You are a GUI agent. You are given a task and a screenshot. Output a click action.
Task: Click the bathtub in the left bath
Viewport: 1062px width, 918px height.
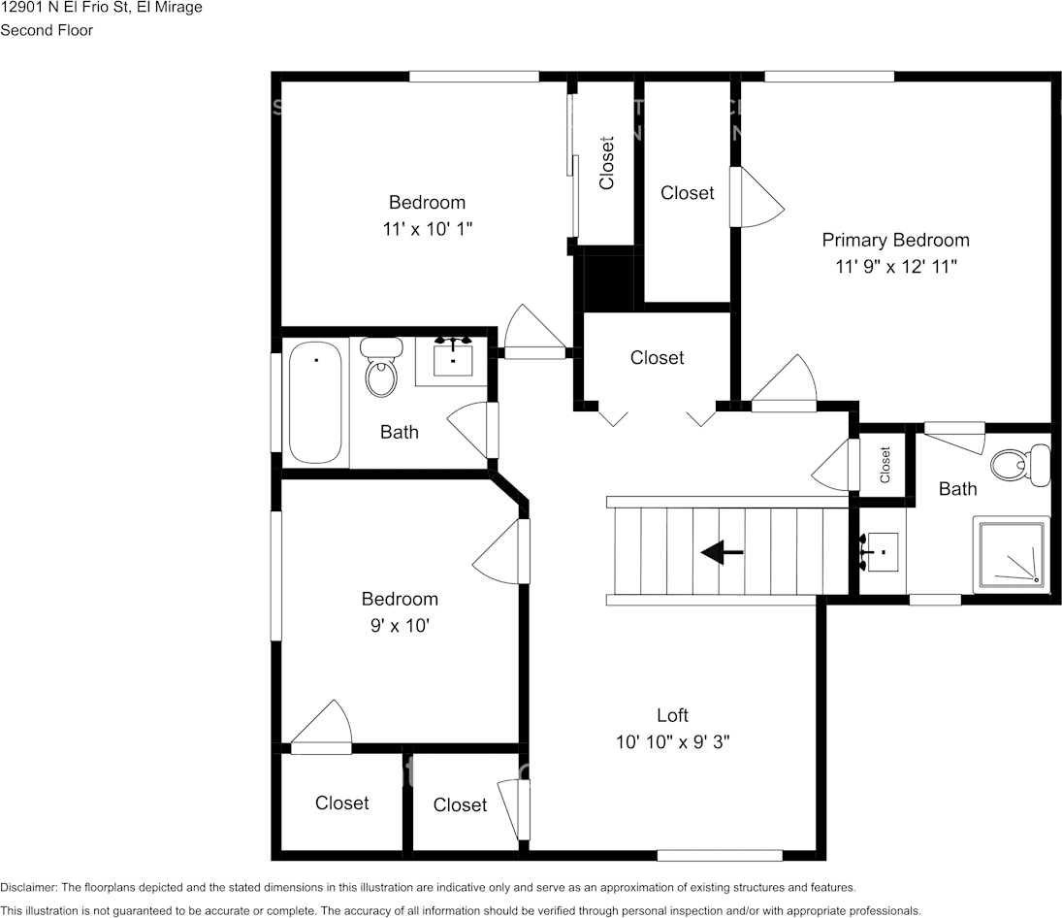tap(315, 403)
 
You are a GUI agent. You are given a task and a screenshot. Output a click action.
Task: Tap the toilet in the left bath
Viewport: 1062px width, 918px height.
tap(381, 368)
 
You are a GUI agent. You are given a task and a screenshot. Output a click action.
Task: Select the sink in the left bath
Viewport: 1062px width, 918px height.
tap(452, 359)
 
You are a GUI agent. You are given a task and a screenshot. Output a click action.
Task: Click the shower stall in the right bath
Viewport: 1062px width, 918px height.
tap(1012, 554)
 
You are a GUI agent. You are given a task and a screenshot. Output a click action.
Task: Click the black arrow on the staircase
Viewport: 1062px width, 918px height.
tap(722, 553)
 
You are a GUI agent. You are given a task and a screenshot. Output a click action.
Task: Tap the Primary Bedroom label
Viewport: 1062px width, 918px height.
tap(895, 240)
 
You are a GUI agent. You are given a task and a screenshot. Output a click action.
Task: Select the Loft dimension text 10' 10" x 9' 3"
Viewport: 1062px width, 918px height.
tap(672, 742)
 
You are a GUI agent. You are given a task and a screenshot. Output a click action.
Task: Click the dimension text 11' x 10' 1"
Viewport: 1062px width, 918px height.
tap(427, 229)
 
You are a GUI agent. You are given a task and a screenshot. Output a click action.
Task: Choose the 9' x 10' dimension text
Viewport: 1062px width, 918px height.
tap(400, 626)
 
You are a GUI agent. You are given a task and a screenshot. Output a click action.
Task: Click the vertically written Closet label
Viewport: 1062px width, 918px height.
tap(607, 162)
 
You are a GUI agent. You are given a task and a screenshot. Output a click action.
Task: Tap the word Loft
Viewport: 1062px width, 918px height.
tap(672, 715)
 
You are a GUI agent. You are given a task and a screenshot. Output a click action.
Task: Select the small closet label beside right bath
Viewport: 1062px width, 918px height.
tap(885, 464)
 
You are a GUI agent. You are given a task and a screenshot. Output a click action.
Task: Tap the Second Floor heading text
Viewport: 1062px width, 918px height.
tap(47, 30)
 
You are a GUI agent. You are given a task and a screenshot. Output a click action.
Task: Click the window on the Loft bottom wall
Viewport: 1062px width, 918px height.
tap(720, 855)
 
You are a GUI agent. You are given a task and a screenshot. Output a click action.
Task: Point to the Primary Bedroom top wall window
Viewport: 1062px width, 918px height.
tap(829, 76)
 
